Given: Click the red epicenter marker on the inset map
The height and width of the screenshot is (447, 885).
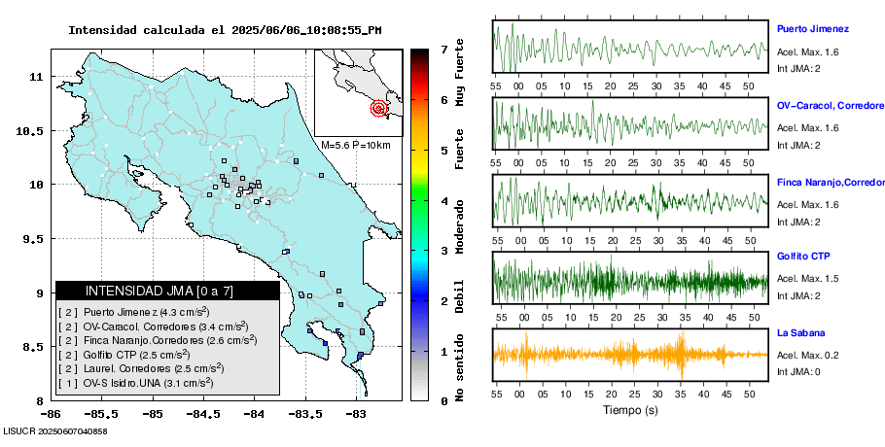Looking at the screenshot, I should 378,109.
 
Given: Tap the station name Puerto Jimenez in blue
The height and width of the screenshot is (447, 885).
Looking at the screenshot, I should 813,29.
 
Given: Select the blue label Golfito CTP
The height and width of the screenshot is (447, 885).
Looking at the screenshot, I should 803,256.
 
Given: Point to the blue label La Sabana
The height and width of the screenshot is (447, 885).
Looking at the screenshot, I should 798,333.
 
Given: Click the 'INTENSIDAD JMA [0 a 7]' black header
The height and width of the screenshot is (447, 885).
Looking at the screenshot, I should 167,291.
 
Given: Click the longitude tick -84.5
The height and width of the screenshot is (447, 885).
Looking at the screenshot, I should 203,414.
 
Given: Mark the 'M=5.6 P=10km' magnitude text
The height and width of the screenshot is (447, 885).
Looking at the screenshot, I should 355,145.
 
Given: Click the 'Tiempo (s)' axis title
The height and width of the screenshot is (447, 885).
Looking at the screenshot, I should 630,410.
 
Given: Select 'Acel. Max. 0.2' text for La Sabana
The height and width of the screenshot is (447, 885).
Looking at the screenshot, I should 807,356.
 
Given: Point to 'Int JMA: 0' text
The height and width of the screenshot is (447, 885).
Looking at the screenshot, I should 798,372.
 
